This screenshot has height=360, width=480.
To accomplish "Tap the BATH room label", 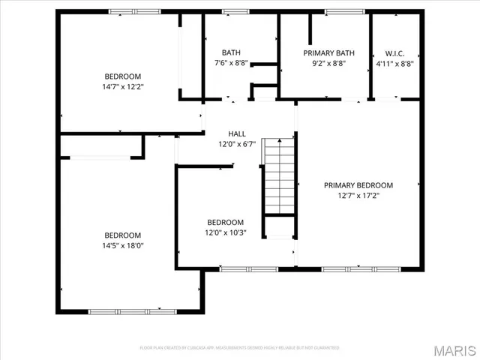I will pos(231,52).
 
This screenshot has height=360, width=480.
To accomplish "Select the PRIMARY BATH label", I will pos(328,53).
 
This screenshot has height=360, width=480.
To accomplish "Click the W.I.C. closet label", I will pos(394,53).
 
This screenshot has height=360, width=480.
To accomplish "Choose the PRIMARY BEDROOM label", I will pos(358,185).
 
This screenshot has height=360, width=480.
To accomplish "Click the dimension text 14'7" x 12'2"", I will pos(122,87).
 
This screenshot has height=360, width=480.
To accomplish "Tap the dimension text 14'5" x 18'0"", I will pos(122,245).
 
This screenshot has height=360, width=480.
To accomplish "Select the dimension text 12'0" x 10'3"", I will pos(226,232).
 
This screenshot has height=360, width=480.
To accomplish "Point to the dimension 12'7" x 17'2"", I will pos(358,196).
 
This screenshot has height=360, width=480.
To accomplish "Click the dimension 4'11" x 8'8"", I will pos(394,64).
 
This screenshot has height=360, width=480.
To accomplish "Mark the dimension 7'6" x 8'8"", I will pos(231,64).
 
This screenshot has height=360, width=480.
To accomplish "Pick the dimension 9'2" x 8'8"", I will pos(328,64).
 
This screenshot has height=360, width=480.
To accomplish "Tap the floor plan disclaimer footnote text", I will pos(239,348).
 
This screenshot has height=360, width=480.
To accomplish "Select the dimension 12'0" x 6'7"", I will pos(237,144).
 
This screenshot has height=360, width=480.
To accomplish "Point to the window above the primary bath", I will pos(344,11).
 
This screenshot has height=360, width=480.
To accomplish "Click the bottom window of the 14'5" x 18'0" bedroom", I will pos(125,311).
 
